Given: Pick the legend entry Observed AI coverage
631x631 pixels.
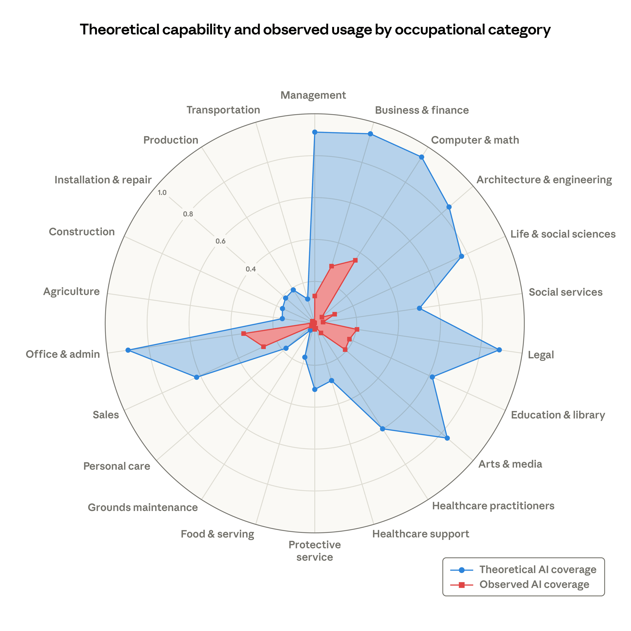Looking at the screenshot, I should coord(534,584).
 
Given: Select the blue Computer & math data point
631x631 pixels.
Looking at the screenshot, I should coord(422,157).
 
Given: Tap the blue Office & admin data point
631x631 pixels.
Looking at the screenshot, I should coord(128,351).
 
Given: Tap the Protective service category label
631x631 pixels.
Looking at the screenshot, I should coord(315,551).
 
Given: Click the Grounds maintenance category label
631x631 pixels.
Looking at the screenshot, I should coord(143,508).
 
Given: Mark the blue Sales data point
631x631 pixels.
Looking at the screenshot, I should coord(196,378).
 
